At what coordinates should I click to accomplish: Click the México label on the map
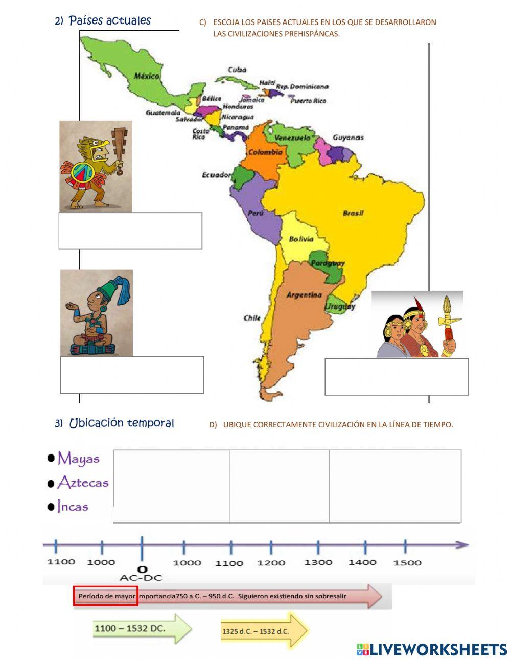tap(147, 76)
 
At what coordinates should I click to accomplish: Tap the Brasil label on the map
tap(353, 213)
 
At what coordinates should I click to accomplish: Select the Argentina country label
tap(304, 295)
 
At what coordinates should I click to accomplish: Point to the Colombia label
tap(265, 152)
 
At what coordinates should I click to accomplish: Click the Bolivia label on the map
tap(301, 239)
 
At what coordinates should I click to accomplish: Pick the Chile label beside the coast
tap(252, 318)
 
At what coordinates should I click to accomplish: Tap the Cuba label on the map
tap(237, 70)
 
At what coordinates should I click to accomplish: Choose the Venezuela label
tap(292, 138)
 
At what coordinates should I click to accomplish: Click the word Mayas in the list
tap(79, 458)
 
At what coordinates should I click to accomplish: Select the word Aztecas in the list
tap(83, 482)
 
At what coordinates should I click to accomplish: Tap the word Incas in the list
tap(73, 507)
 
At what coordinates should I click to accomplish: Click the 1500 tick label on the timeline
tap(407, 563)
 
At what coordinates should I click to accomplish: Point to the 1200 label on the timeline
tap(271, 563)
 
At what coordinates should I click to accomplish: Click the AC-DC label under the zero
tap(141, 578)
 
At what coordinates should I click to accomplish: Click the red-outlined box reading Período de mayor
tap(106, 596)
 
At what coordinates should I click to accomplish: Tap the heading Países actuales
tap(109, 21)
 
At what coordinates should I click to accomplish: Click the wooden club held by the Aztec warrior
tap(120, 144)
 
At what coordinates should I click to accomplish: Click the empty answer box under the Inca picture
tap(396, 377)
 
